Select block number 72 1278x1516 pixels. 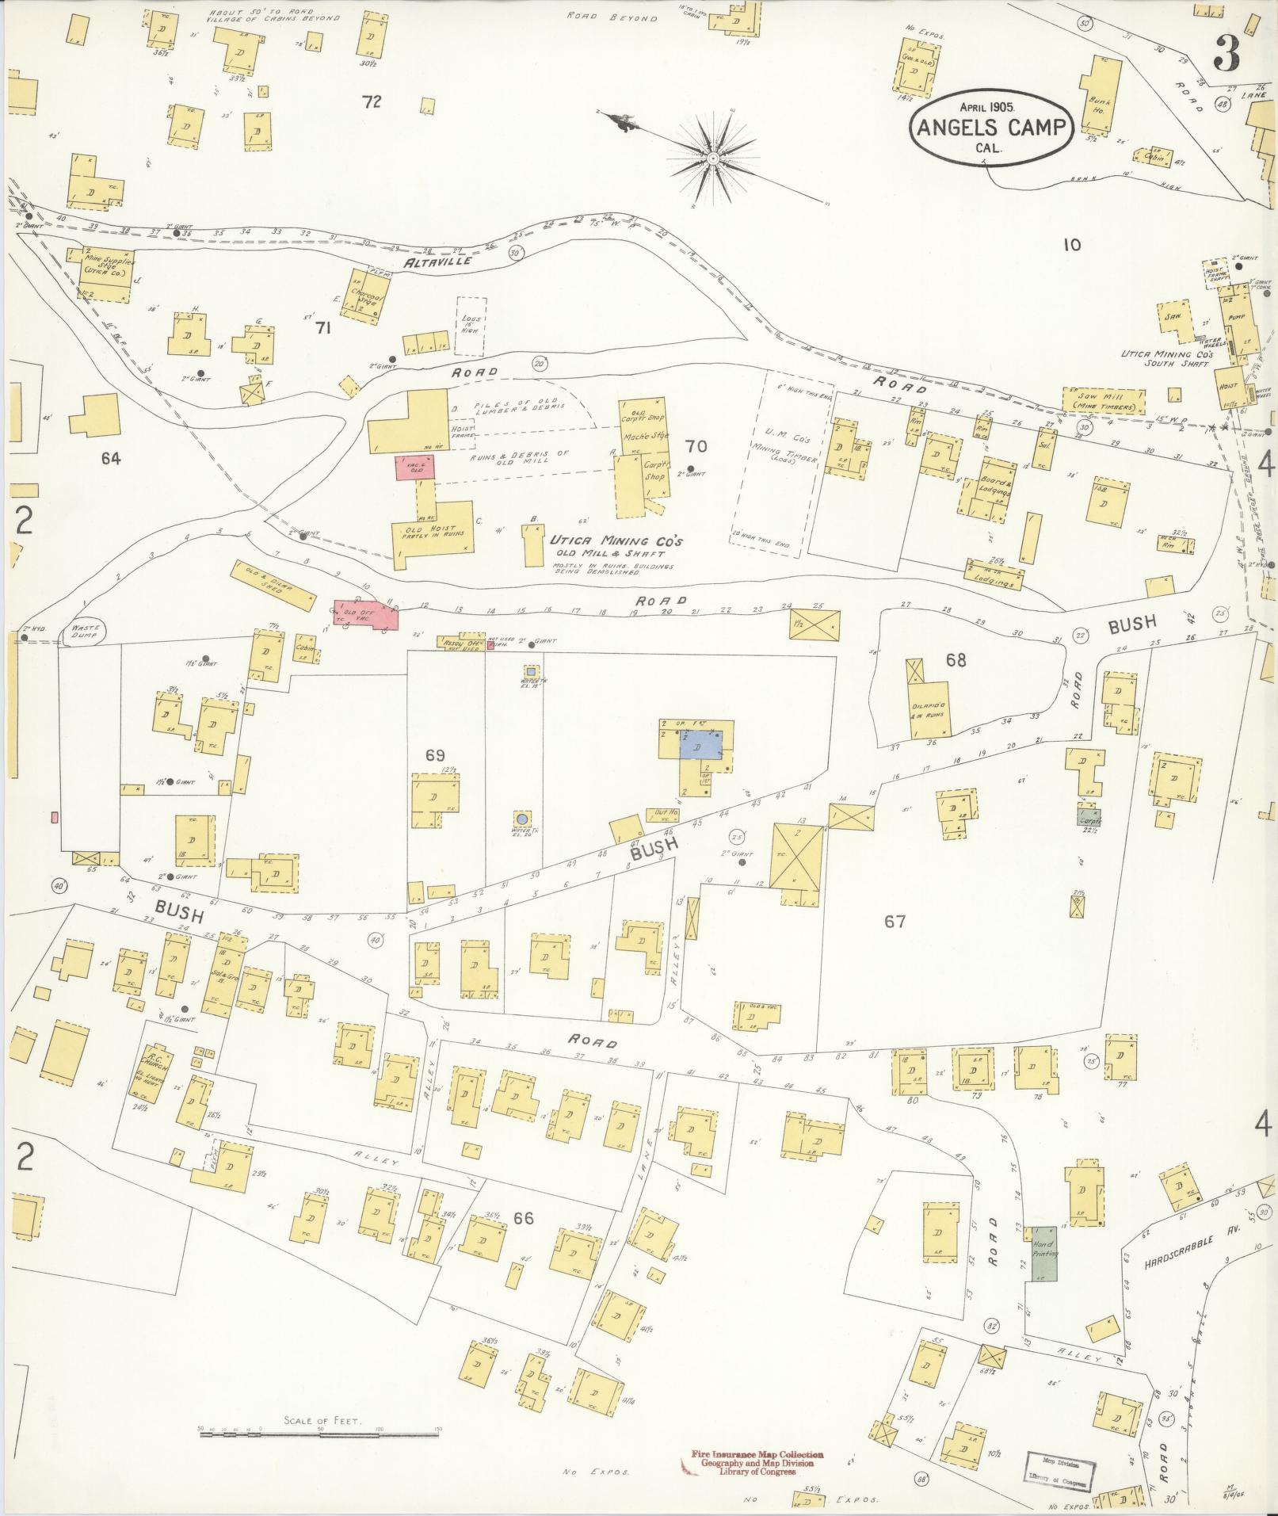click(371, 101)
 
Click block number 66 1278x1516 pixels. click(523, 1218)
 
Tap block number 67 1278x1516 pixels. click(895, 921)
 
